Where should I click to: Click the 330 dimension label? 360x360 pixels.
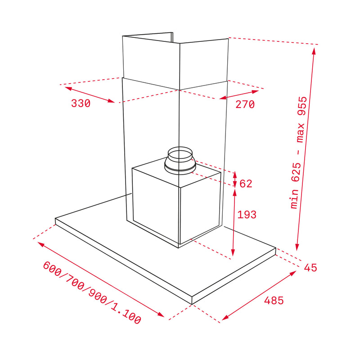81,103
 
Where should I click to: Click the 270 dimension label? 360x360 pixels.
245,104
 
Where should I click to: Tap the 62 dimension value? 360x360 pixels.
246,184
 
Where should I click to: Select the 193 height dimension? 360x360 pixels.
247,215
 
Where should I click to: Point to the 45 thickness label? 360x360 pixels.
310,268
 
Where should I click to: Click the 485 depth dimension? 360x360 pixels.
274,300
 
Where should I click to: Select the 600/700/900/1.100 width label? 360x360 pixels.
92,293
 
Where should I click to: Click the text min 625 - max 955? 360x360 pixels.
299,153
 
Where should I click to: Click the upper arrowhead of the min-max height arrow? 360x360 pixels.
314,50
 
